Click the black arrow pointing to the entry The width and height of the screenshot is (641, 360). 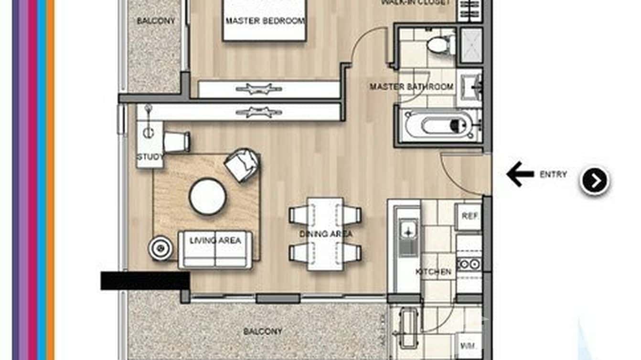[520, 174]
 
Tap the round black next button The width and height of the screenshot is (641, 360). [595, 181]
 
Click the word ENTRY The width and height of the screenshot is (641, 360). [553, 175]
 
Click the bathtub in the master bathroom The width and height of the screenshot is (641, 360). [442, 126]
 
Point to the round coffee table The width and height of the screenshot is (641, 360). [208, 196]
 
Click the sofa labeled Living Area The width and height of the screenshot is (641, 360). [215, 249]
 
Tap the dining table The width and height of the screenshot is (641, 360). [325, 233]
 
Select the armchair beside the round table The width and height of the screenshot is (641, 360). [242, 164]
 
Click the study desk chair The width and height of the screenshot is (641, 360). [177, 141]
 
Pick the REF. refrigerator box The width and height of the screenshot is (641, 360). [468, 216]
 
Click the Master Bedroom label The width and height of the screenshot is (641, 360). [265, 21]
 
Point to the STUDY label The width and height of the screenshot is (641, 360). [150, 157]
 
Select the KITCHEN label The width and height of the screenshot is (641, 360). [433, 272]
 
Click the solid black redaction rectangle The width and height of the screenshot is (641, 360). [145, 281]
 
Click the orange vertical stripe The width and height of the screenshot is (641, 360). [51, 180]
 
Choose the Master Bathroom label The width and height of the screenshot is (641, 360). [411, 87]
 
